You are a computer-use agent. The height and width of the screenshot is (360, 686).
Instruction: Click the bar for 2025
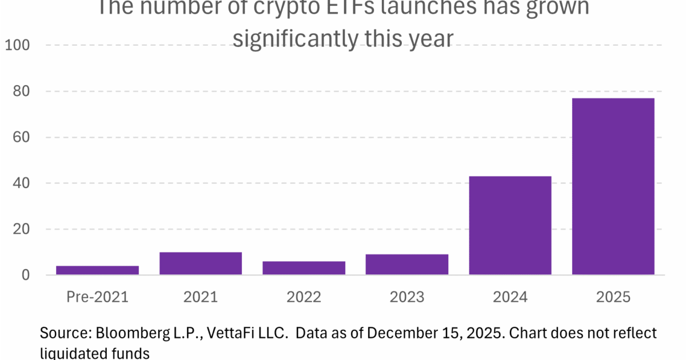click(613, 186)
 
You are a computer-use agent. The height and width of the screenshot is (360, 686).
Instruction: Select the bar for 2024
click(510, 225)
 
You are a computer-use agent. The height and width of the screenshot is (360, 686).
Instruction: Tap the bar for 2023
click(406, 265)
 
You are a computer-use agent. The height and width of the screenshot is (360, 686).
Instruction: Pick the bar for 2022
click(304, 268)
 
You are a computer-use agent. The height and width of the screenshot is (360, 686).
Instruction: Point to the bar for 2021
click(200, 263)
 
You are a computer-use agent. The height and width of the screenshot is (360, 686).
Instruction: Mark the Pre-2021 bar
click(97, 270)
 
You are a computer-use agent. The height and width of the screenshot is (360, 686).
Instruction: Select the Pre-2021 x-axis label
click(97, 297)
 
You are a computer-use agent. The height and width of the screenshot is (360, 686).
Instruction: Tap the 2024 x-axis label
click(510, 297)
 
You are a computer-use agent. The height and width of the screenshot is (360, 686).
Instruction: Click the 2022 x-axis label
click(304, 297)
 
